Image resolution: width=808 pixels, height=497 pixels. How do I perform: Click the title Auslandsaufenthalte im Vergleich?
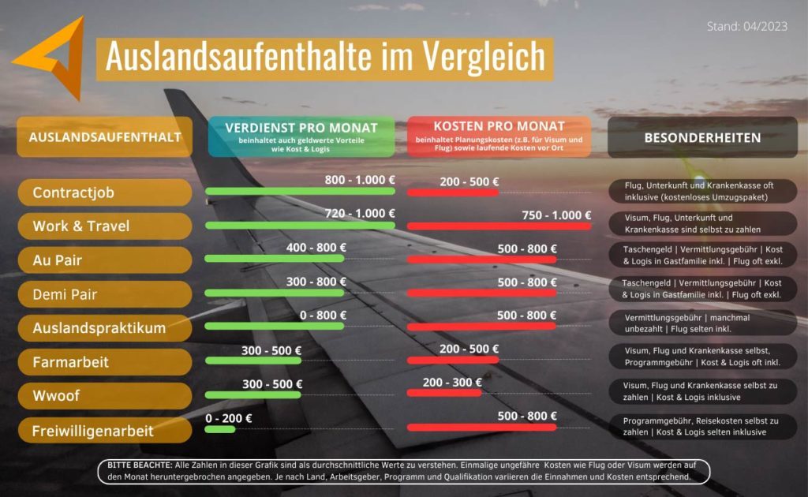325,57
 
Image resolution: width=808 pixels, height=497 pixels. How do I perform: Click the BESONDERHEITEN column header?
702,137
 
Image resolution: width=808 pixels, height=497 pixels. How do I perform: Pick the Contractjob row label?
104,192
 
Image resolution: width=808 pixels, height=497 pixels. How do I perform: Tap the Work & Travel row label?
104,226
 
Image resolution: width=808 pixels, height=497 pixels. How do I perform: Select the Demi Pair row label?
104,294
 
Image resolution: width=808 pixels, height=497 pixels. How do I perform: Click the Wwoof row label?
104,395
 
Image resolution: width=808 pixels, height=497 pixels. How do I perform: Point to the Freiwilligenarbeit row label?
104,431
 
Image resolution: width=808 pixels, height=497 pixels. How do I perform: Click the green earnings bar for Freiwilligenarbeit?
220,429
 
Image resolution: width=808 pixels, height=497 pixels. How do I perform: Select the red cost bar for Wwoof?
444,394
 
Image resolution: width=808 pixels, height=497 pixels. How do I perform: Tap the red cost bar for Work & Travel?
499,226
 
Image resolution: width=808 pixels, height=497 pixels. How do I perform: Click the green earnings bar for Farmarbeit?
252,361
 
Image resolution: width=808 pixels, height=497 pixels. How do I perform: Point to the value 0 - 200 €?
228,418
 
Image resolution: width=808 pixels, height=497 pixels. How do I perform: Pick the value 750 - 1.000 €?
556,215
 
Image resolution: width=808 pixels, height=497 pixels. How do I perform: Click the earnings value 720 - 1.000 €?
360,214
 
